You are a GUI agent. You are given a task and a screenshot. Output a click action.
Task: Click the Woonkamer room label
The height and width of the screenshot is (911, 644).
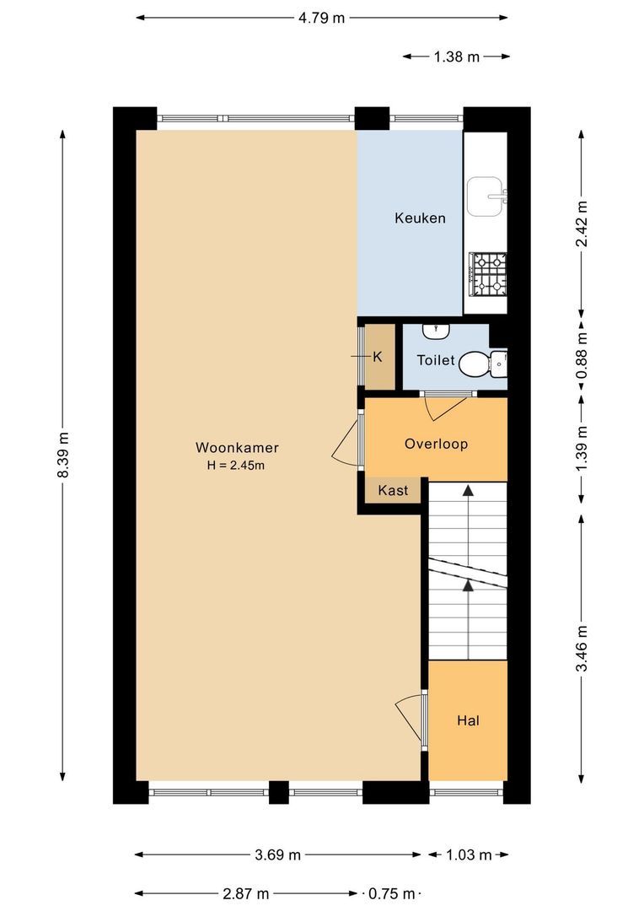coord(237,447)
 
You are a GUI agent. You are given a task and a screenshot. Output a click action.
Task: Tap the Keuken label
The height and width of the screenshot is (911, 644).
coord(420,218)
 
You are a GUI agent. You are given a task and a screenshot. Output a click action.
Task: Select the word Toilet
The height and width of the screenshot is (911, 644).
coord(436,360)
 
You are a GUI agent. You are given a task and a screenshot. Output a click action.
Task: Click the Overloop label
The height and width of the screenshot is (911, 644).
coord(435,444)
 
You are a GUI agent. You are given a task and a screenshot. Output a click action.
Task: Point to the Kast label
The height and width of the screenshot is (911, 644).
coord(393,490)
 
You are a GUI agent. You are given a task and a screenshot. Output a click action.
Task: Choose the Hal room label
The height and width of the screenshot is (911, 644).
coord(468,720)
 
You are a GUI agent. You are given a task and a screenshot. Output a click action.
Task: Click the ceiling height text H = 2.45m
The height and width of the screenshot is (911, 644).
coord(237,465)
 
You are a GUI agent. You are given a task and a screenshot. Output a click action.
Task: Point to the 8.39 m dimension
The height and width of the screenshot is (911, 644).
coord(63,456)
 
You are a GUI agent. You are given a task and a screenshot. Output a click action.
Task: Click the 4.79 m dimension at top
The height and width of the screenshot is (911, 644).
coord(320,17)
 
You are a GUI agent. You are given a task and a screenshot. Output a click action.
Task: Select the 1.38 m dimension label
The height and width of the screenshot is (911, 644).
coord(456,57)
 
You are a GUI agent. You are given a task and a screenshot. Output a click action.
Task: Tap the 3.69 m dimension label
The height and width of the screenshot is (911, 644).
coord(278,854)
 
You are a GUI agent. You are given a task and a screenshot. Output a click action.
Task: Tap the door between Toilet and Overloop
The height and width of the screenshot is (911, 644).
coord(444,406)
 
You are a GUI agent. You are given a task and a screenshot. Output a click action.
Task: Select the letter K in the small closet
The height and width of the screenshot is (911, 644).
coord(378,357)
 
